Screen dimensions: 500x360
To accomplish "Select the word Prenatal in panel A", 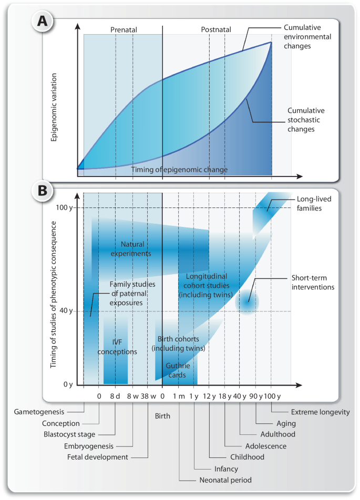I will (123, 30).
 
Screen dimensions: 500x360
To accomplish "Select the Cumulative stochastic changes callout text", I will (306, 120).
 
